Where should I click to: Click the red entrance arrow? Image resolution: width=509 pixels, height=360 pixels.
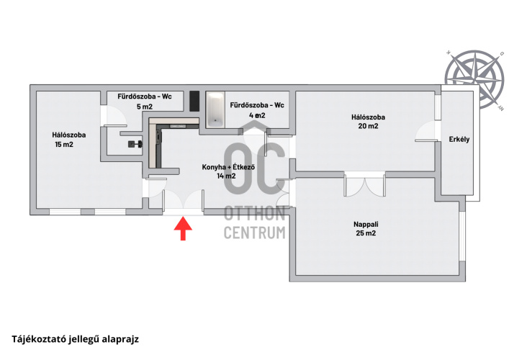point(183,229)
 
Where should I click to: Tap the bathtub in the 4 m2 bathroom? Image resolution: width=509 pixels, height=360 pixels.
point(215,110)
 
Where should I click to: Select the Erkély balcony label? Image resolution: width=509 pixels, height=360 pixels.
point(459,139)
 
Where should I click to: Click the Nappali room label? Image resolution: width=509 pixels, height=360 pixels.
point(366,225)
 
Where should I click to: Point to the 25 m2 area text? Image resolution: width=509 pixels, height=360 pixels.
point(366,233)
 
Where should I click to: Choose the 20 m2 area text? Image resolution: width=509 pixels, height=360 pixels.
point(368,126)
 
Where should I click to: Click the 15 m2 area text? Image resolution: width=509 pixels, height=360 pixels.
point(64,145)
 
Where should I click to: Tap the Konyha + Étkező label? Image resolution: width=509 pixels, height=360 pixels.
point(228,167)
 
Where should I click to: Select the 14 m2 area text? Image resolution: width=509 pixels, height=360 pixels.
point(226,176)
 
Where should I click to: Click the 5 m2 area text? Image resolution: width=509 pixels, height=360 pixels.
point(145,107)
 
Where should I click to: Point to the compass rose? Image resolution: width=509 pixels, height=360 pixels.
point(474,79)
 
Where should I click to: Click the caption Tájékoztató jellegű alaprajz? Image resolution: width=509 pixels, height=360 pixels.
point(76,339)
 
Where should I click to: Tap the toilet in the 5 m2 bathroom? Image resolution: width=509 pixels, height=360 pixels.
point(135,144)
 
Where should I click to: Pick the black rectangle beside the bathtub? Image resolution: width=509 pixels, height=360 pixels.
point(194,101)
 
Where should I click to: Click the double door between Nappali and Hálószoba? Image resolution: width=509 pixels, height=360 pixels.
point(365,185)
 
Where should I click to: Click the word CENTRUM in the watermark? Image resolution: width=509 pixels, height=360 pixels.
point(255,233)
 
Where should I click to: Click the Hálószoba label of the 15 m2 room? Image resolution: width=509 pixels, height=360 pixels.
point(69,135)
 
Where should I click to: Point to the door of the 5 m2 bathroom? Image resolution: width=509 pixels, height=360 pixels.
point(114,116)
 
